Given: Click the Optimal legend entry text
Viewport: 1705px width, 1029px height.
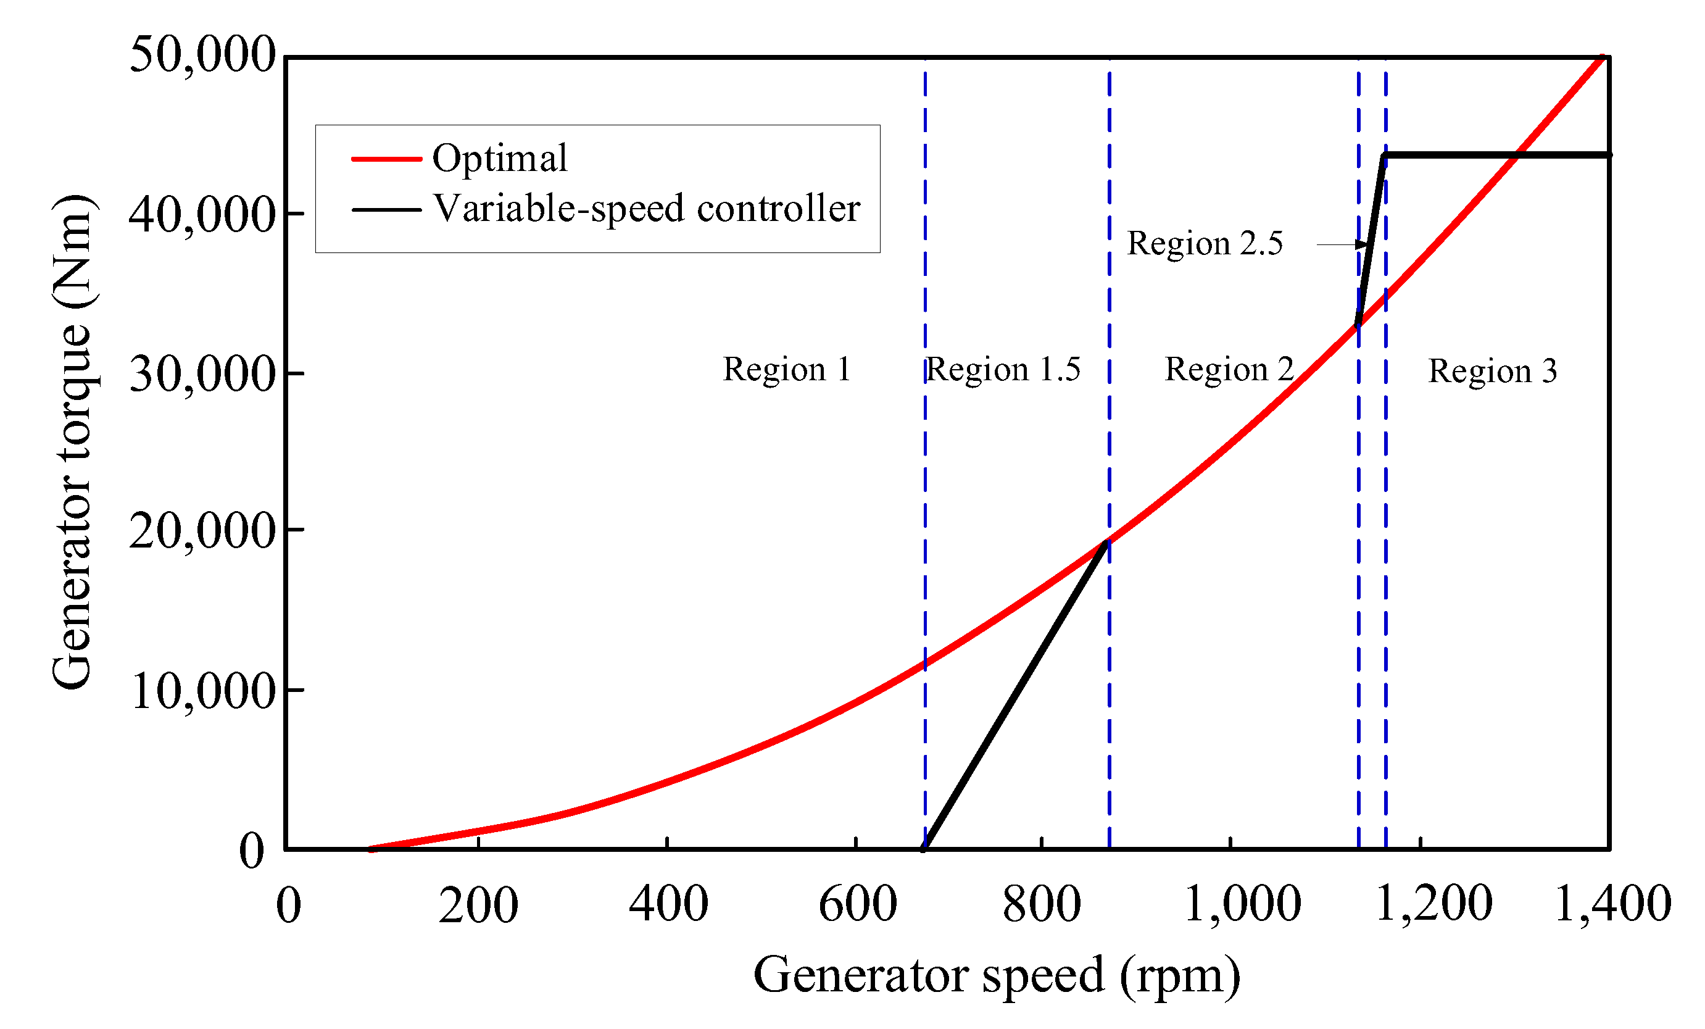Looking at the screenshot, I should tap(500, 159).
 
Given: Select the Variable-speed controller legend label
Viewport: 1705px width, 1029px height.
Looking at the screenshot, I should tap(646, 208).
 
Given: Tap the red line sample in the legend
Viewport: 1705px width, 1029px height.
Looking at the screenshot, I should tap(386, 159).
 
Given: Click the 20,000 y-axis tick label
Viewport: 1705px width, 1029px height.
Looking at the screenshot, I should tap(203, 531).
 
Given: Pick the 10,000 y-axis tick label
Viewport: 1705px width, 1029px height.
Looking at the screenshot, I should tap(203, 691).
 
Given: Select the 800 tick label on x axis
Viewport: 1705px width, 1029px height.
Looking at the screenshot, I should tap(1042, 904).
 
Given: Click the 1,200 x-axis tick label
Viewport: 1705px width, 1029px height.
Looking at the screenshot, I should tap(1433, 904).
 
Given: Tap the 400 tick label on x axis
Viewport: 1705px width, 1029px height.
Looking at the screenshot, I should tap(668, 904).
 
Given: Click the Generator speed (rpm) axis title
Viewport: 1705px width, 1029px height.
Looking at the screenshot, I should tap(997, 975).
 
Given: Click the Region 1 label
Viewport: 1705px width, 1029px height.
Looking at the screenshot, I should tap(787, 369).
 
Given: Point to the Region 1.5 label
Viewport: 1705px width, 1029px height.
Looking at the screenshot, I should tap(1003, 369).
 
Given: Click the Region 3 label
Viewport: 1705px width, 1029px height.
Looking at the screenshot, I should tap(1493, 371).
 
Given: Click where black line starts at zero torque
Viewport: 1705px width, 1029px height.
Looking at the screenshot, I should tap(925, 848).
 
